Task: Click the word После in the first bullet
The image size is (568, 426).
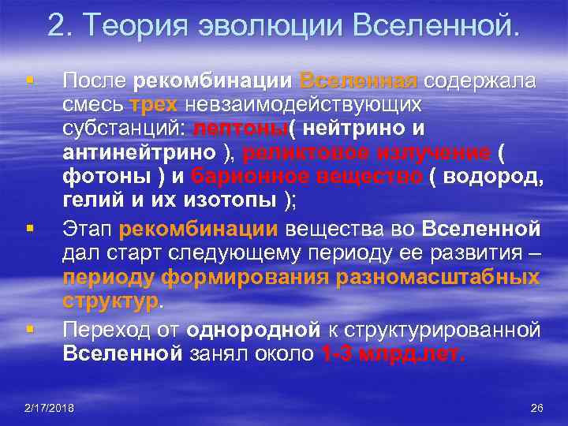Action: click(x=95, y=80)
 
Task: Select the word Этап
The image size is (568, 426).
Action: click(x=88, y=230)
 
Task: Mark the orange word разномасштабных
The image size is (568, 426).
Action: click(x=438, y=277)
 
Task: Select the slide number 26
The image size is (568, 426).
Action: click(x=537, y=408)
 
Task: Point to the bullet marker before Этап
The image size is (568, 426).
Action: click(x=28, y=228)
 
